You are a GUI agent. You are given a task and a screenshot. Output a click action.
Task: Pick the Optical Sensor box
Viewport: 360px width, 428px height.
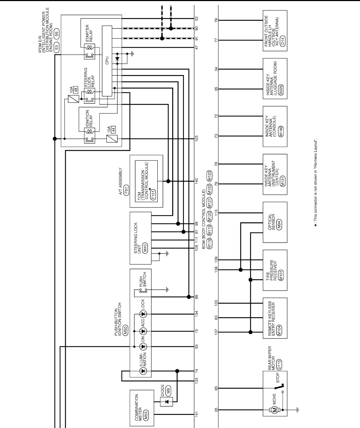[x=275, y=222]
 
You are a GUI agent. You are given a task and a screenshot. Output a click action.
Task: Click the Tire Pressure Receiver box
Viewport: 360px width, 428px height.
[x=275, y=269]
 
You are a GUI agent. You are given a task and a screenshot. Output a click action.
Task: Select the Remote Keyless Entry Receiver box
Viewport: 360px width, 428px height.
[x=275, y=318]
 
